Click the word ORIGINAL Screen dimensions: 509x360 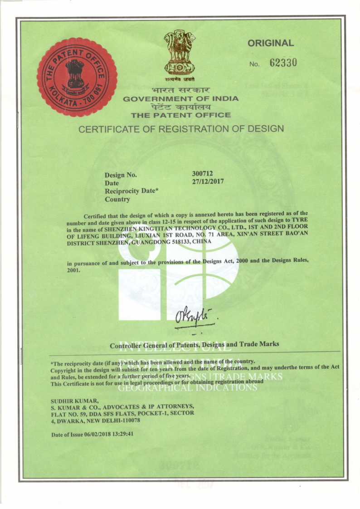[x=271, y=44]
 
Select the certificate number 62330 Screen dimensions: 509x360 [x=283, y=63]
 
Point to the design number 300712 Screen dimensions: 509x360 [x=203, y=173]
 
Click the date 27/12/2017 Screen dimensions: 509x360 [x=208, y=181]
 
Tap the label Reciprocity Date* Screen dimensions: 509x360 [x=131, y=191]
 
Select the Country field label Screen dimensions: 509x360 [x=117, y=199]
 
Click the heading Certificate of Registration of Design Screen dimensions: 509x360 [x=181, y=129]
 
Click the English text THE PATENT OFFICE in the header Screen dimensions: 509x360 [x=181, y=115]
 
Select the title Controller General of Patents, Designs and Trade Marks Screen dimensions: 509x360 [x=195, y=345]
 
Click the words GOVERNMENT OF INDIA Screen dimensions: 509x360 [x=181, y=98]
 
